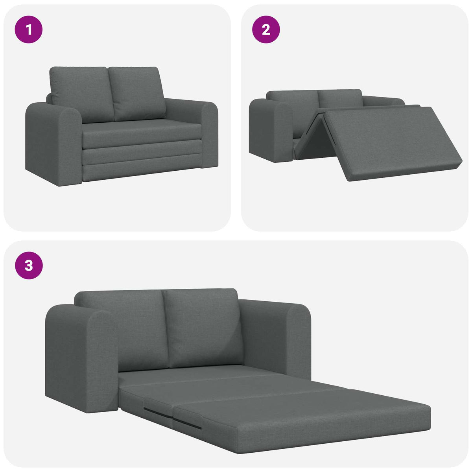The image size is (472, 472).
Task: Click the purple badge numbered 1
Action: coord(29,29)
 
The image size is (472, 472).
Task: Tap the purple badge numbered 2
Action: coord(266,29)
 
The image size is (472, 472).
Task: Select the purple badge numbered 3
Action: coord(29,265)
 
